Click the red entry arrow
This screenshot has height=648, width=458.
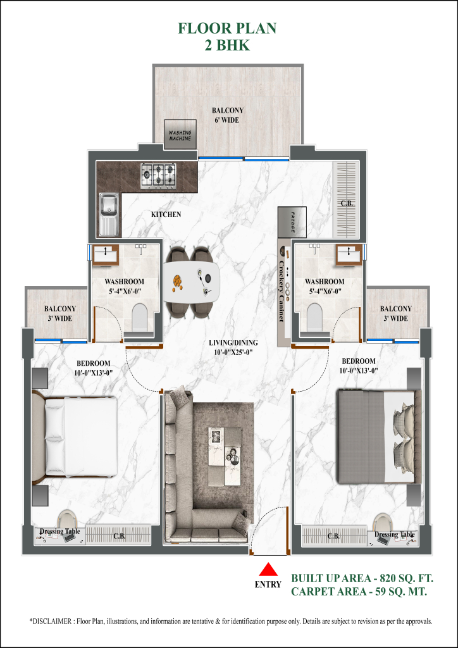click(268, 569)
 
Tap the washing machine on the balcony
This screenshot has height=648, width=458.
click(180, 135)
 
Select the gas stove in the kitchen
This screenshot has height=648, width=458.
click(158, 175)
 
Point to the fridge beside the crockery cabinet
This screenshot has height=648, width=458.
click(292, 221)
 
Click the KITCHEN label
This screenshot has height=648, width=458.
click(166, 215)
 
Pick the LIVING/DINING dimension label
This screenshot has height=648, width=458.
click(233, 347)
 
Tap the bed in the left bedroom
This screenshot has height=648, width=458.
click(76, 436)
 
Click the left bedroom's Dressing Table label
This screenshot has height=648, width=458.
click(60, 532)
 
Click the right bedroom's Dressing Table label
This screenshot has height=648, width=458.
click(394, 535)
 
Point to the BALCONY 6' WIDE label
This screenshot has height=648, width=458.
click(228, 115)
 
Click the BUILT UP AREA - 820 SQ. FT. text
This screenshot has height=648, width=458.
click(362, 578)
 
